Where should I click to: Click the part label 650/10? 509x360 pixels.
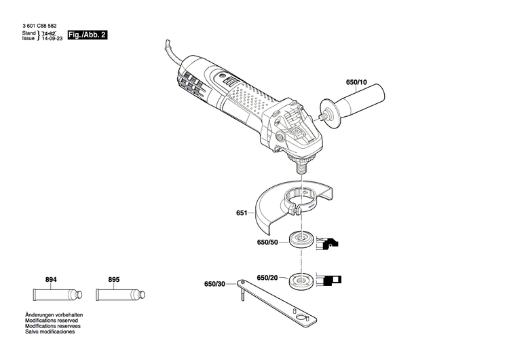pos(356,83)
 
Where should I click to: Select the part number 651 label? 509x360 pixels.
pos(242,213)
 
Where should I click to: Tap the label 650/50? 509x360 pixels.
pos(267,242)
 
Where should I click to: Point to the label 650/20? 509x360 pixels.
pos(267,277)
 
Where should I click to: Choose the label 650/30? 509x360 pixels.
pos(214,284)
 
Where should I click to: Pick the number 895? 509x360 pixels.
pos(113,279)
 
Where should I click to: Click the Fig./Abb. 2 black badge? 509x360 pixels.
pos(88,34)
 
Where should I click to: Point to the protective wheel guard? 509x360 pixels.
pos(285,204)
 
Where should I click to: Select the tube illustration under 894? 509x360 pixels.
pos(57,295)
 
